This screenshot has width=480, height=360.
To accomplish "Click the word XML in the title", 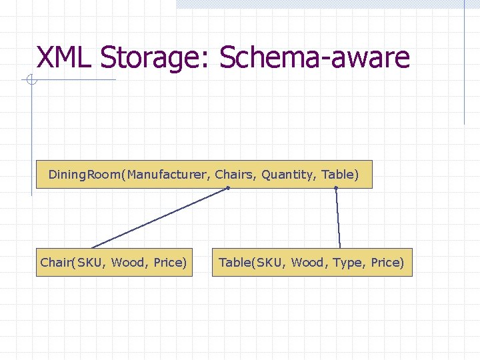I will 64,57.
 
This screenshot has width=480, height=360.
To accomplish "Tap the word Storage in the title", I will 154,59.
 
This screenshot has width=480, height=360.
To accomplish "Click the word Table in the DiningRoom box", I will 338,175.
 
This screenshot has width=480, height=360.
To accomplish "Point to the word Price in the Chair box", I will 168,263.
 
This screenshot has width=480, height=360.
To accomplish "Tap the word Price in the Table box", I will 385,263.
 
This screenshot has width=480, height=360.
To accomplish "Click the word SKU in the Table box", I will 272,263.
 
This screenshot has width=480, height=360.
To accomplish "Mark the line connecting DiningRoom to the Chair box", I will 160,218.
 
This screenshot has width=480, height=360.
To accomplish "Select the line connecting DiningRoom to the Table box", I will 338,218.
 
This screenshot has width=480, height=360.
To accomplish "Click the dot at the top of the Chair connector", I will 228,189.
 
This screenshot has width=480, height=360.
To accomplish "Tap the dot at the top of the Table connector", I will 336,189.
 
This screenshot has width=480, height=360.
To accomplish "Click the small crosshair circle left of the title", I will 31,81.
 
